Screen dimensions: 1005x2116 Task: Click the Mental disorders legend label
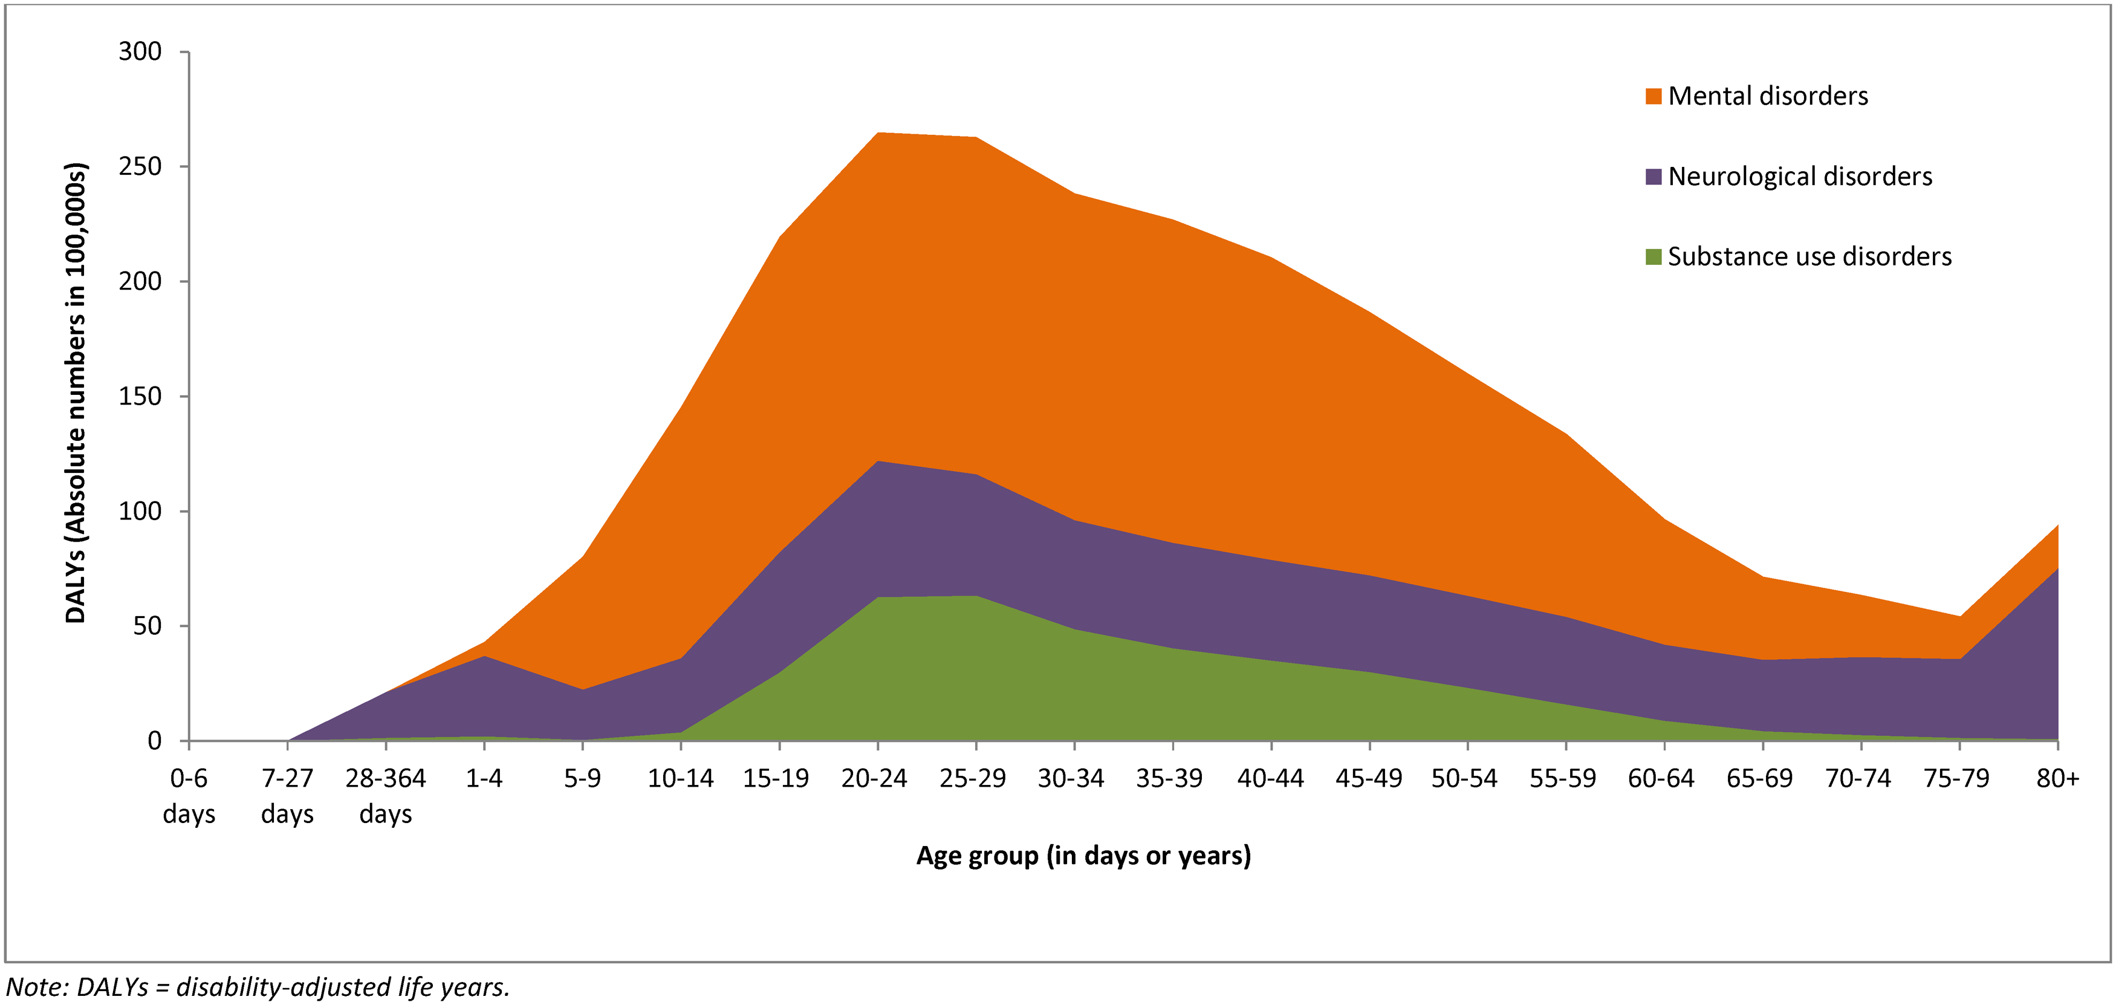pos(1768,96)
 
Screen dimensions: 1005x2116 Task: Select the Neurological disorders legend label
pos(1800,177)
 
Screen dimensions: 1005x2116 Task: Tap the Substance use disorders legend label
pos(1809,257)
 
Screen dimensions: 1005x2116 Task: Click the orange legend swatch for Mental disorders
pos(1654,97)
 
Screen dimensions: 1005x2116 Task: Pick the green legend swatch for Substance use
pos(1654,257)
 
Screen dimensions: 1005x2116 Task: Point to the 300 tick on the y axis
pos(140,52)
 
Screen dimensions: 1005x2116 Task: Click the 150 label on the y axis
pos(140,396)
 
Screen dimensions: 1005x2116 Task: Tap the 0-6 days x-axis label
pos(189,795)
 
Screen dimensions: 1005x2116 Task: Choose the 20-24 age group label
pos(874,778)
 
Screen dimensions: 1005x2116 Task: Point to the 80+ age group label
pos(2057,778)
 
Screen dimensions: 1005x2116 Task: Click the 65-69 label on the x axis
pos(1759,778)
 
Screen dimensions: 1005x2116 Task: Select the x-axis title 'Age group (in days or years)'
pos(1083,856)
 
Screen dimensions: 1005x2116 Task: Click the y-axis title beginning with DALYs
pos(76,393)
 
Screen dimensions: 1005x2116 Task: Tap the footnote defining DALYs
pos(259,987)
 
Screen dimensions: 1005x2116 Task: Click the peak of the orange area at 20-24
pos(878,133)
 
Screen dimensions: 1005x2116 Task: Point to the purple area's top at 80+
pos(2056,568)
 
